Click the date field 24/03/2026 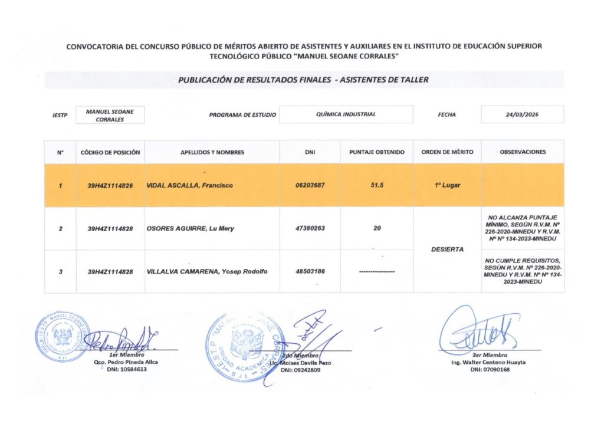[x=522, y=114]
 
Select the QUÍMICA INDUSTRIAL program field [x=346, y=114]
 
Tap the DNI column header [x=310, y=152]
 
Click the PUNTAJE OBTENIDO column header [x=377, y=152]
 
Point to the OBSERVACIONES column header [x=523, y=152]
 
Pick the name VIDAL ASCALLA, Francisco [x=189, y=185]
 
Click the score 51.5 [x=377, y=185]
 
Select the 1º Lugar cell [x=447, y=185]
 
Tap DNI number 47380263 [x=310, y=228]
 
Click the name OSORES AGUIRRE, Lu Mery [x=190, y=228]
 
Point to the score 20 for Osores [x=377, y=228]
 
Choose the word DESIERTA [x=447, y=249]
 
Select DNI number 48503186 [x=310, y=272]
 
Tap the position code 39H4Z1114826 [x=110, y=185]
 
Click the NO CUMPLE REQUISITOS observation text [x=523, y=271]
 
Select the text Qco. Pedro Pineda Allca [x=126, y=362]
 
